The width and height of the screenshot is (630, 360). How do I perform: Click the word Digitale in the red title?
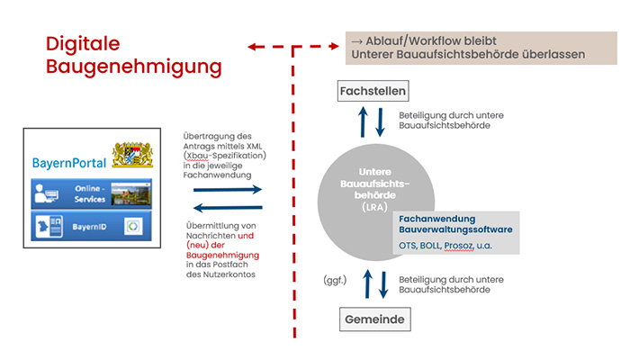83,43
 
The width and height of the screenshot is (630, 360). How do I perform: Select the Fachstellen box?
373,91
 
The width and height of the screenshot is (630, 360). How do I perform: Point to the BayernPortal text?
68,163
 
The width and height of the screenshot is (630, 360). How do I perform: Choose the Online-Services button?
90,193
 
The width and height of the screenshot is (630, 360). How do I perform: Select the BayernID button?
90,226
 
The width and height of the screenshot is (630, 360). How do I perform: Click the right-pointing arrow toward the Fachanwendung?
239,189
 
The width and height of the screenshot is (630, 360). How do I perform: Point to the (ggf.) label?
336,281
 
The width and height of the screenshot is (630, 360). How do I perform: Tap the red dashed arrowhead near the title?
255,44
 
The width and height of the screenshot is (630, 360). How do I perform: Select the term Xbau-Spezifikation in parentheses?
227,155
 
